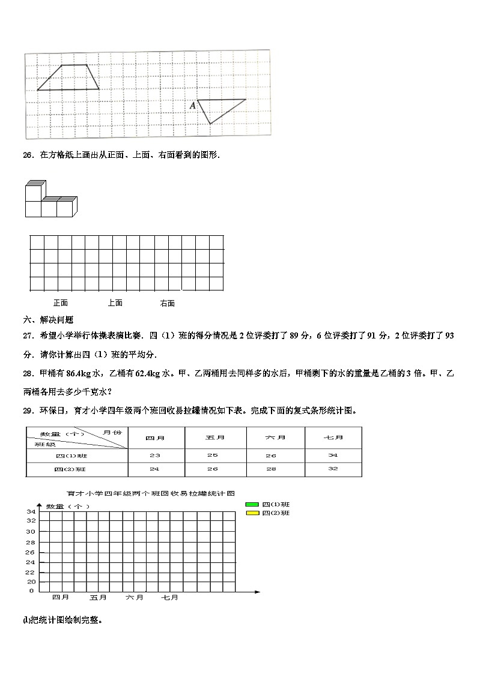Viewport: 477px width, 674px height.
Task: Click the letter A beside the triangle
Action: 193,106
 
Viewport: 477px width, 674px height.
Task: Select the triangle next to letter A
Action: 217,107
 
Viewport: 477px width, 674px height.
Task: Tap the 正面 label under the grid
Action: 61,303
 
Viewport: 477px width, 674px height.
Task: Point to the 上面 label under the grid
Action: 115,303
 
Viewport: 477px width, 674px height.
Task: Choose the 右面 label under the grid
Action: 168,303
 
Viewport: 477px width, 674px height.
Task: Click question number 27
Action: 28,336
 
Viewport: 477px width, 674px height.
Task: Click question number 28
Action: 28,373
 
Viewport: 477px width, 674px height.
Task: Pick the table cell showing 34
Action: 333,456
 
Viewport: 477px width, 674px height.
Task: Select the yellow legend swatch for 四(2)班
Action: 252,513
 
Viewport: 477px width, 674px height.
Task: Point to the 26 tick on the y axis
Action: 30,552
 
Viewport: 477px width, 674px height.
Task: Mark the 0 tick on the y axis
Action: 32,591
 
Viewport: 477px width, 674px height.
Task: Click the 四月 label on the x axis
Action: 61,598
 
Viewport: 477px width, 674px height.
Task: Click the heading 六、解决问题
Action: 48,320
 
